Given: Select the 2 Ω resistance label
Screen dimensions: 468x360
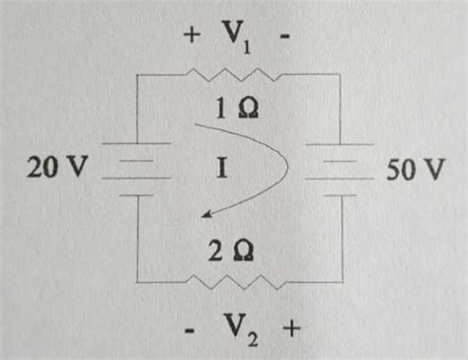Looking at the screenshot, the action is click(x=232, y=252).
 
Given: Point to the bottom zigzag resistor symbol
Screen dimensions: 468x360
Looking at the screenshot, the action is click(x=235, y=283).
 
